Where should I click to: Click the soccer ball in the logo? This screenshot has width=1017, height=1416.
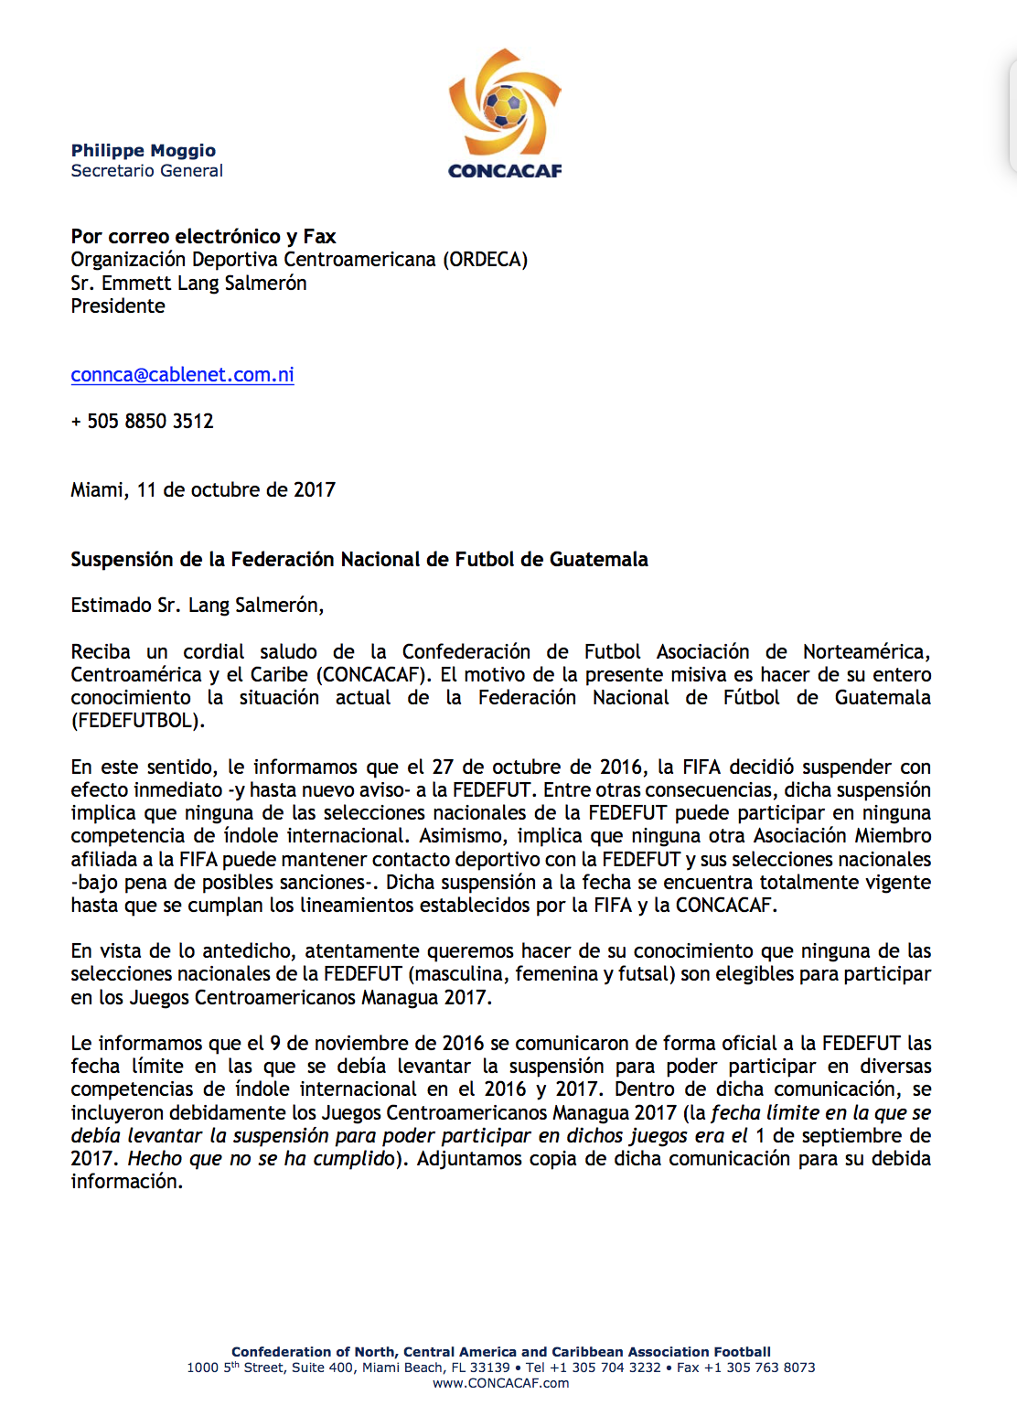coord(504,106)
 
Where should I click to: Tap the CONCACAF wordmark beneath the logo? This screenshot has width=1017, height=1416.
coord(505,171)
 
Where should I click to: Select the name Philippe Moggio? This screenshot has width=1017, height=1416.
coord(144,151)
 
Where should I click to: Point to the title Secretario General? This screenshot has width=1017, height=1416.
coord(147,171)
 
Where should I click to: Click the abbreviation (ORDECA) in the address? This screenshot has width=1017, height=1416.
coord(485,260)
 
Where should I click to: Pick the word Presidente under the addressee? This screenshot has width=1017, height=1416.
coord(118,306)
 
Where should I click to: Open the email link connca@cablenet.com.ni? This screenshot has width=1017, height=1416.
coord(182,375)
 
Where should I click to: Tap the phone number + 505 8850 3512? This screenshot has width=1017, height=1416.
coord(143,422)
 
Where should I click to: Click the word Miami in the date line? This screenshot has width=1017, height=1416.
coord(98,490)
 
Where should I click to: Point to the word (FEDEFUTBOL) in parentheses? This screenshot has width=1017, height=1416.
coord(137,721)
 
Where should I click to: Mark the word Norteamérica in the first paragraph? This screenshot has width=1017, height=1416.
coord(865,652)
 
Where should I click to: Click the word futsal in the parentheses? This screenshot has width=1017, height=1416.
coord(646,974)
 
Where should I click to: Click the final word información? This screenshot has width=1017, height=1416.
coord(126,1182)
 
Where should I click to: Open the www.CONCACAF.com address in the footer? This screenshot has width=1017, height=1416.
coord(501,1383)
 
